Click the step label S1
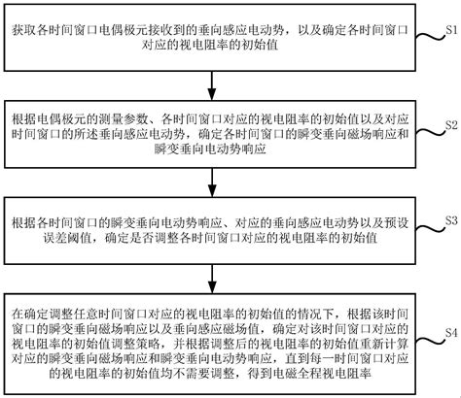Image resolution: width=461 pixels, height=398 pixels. pyautogui.click(x=451, y=30)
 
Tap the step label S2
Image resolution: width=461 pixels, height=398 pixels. pyautogui.click(x=451, y=125)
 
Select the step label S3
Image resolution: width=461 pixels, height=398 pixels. pyautogui.click(x=451, y=220)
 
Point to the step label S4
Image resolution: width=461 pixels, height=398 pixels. pyautogui.click(x=451, y=332)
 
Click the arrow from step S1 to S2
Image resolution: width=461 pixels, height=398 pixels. pyautogui.click(x=212, y=85)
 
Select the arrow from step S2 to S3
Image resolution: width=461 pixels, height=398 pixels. pyautogui.click(x=212, y=182)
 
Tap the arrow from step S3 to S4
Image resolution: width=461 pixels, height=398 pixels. pyautogui.click(x=212, y=279)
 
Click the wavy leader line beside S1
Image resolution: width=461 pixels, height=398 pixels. pyautogui.click(x=430, y=37)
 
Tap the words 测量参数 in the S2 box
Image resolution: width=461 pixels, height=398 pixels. pyautogui.click(x=124, y=119)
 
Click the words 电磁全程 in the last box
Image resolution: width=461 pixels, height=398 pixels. pyautogui.click(x=297, y=374)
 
